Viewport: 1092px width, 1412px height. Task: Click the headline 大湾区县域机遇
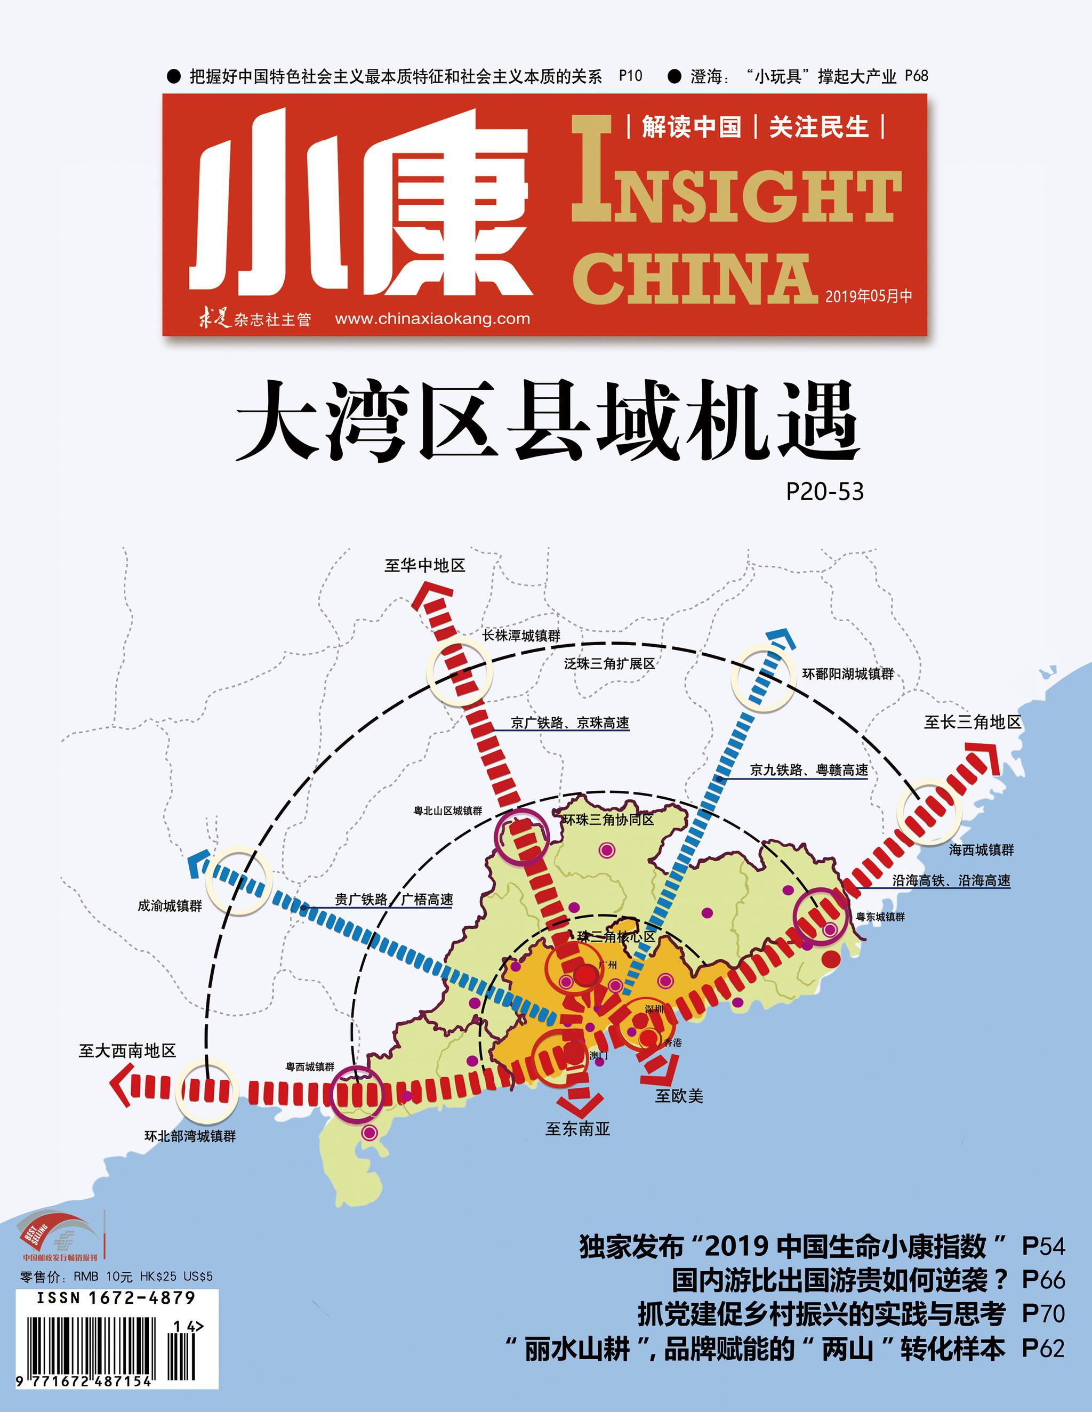547,421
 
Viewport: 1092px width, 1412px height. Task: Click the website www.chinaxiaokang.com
432,319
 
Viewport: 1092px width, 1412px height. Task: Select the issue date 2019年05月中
868,296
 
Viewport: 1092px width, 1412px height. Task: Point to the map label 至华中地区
425,566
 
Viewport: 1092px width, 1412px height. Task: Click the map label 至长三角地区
971,722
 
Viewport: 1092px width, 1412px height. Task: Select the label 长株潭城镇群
521,636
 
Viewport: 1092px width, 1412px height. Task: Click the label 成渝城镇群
170,906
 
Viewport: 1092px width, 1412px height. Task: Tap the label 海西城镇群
981,850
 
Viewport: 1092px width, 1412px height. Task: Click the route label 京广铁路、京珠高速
569,723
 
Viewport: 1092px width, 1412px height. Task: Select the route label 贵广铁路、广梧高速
394,900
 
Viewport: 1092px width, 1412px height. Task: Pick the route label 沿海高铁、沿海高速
951,880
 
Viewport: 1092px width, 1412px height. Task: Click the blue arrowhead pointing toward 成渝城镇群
194,861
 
